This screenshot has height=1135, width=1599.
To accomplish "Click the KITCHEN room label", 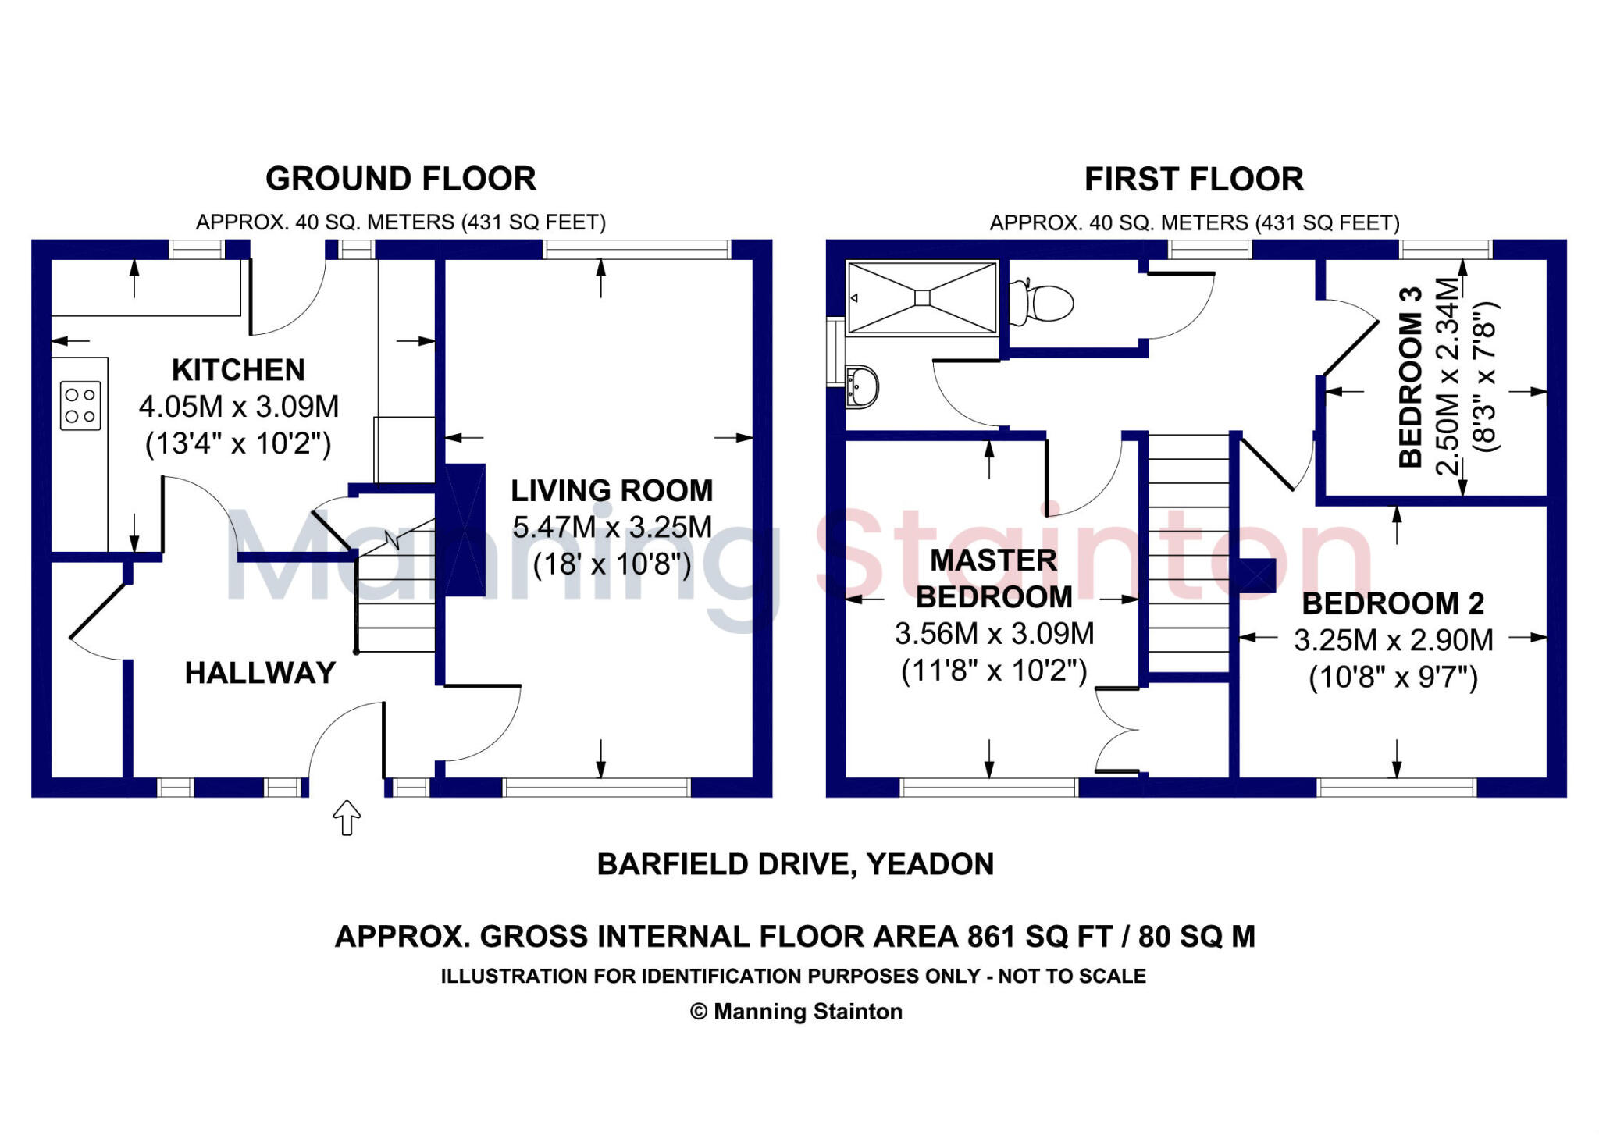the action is coord(238,370).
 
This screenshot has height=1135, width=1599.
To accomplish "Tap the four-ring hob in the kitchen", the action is coord(80,405).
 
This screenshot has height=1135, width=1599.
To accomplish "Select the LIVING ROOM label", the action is coord(612,491).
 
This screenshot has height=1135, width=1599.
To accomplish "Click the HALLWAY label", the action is coord(260,673).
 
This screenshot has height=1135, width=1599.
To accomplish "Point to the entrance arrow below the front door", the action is coord(347,818).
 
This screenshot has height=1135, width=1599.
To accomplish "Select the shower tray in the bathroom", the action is coord(922,297).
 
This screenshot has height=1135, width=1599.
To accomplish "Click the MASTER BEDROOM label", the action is coord(993,578).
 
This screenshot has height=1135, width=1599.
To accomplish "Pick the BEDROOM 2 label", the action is coord(1393,603).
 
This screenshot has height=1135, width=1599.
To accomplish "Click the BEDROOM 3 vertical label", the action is coord(1411,378).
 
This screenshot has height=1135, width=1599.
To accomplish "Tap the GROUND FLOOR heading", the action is coord(401,179).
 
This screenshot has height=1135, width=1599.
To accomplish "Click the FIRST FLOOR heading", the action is coord(1194,180).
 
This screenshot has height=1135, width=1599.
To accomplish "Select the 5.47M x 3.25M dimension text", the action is coord(612,528).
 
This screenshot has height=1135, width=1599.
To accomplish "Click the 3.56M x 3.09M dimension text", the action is coord(994,634).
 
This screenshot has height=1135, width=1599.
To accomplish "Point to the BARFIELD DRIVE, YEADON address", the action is coord(795,864).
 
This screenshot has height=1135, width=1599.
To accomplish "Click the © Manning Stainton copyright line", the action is coord(796,1012).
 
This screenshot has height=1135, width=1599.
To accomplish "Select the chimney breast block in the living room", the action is coord(465,531).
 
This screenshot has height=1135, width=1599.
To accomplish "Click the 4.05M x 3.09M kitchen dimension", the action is coord(239,407).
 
